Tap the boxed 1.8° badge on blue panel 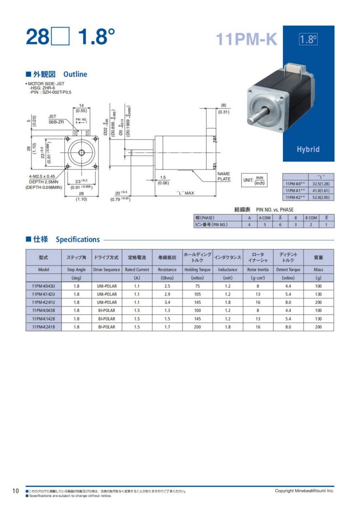308,39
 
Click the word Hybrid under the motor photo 308,149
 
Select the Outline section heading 75,75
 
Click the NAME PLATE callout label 223,176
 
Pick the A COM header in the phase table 265,218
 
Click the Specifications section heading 78,240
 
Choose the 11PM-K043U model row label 44,286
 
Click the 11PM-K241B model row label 44,327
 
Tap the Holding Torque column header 197,270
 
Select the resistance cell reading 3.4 167,302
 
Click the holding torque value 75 197,286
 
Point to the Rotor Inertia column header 258,270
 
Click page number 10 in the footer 16,491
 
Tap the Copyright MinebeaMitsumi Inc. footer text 305,491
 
